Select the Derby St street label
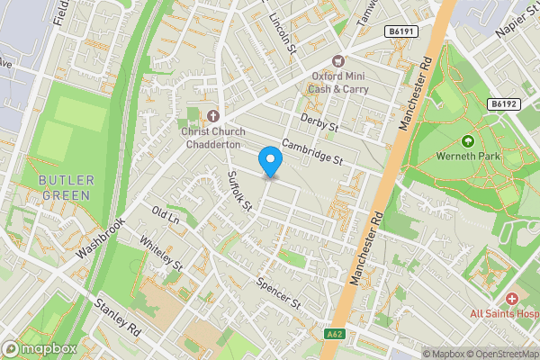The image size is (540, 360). tap(319, 122)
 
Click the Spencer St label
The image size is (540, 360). tap(277, 294)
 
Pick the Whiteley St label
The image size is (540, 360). tap(162, 254)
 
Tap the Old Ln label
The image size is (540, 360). tap(166, 216)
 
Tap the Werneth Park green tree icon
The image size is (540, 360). tap(467, 141)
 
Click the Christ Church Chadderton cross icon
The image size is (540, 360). tap(212, 116)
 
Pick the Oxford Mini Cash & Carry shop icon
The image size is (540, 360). tap(338, 61)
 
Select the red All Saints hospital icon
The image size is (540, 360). tap(512, 298)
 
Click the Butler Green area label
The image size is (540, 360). tap(64, 187)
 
